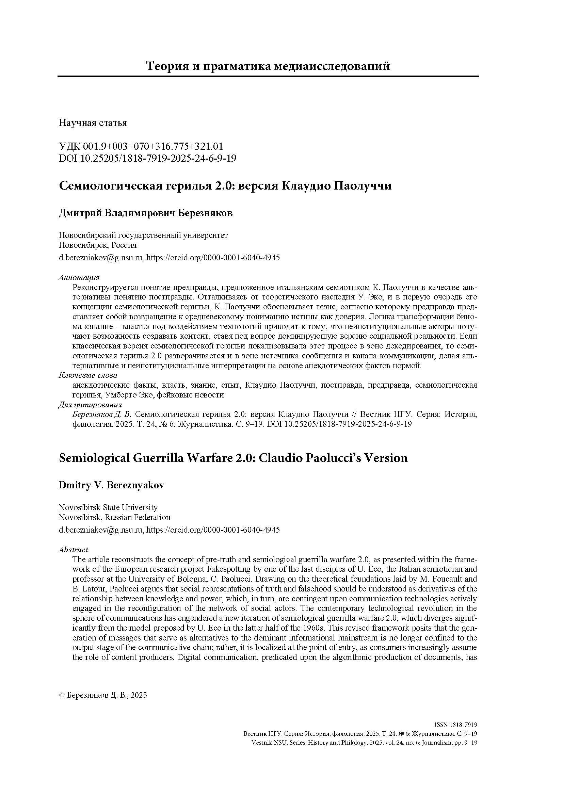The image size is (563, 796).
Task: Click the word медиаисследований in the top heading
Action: point(332,66)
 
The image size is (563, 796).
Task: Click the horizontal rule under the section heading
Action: point(268,76)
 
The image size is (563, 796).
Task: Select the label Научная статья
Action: point(93,123)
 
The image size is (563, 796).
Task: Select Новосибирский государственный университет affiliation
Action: point(143,235)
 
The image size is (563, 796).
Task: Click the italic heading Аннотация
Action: point(79,277)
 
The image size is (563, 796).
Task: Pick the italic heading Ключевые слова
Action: point(88,375)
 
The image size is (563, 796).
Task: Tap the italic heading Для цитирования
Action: point(90,405)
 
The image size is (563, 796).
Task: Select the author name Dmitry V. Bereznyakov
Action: point(111,485)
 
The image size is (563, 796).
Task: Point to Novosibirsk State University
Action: point(108,507)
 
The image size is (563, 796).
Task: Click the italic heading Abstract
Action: point(73,550)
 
